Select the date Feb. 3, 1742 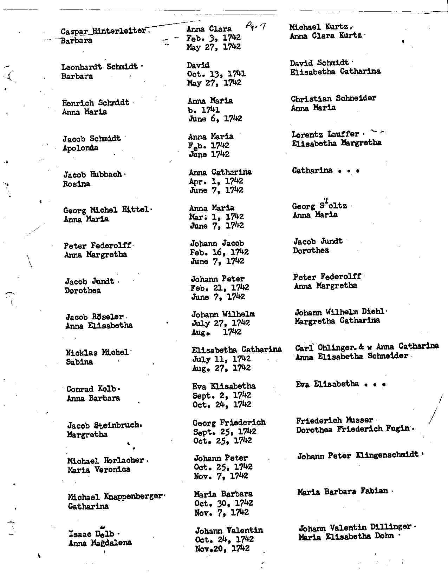(213, 38)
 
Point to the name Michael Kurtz (319, 27)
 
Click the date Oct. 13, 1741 (216, 74)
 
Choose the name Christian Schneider (333, 99)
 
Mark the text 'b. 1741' (204, 110)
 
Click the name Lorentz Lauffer (325, 134)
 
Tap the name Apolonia (80, 148)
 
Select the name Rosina (77, 184)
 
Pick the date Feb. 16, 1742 (219, 252)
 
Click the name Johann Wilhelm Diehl (340, 312)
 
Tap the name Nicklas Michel (97, 352)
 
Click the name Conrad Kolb (91, 389)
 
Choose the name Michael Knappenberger (115, 497)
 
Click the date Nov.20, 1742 (222, 548)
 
